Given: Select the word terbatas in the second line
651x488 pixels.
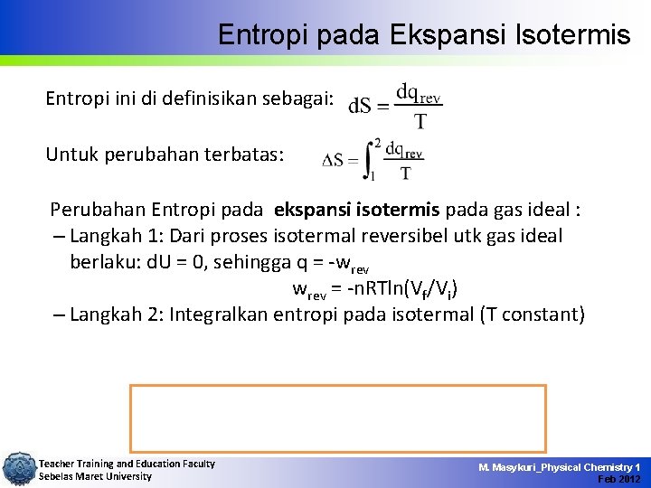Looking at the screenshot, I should click(247, 155).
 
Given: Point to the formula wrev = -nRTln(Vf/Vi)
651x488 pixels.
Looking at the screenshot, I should click(374, 289).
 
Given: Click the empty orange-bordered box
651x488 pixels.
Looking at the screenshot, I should click(338, 418).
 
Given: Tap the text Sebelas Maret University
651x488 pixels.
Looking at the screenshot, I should click(95, 476).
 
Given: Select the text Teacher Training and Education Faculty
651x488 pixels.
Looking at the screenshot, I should click(127, 464).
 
